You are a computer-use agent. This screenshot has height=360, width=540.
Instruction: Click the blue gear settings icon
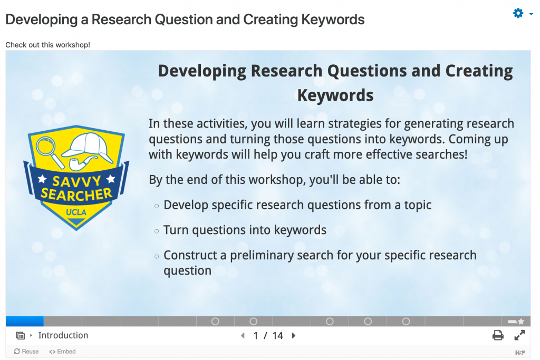518,13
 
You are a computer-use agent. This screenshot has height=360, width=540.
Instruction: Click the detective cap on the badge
88,147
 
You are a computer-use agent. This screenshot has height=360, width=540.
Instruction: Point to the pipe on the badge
82,163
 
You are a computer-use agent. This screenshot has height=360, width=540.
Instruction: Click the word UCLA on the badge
76,212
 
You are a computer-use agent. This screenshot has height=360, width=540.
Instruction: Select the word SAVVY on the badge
76,180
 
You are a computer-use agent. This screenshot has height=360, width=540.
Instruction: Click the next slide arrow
293,336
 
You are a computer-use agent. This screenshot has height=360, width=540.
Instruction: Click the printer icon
498,335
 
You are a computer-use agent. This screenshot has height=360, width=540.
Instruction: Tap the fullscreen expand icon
519,335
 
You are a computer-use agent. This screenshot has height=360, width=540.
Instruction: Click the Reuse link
26,352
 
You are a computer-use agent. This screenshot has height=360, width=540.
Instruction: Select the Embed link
62,352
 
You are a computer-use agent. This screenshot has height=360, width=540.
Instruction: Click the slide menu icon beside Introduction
21,336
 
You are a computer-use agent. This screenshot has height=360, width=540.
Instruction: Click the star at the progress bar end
520,322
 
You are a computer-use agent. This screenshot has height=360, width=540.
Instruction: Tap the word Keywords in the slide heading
335,95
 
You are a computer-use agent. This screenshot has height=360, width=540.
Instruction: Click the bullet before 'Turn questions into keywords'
157,231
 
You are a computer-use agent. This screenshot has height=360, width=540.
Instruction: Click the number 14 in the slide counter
277,336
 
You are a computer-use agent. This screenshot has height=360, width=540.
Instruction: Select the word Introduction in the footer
63,335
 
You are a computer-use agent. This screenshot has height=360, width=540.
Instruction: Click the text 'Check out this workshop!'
48,45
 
